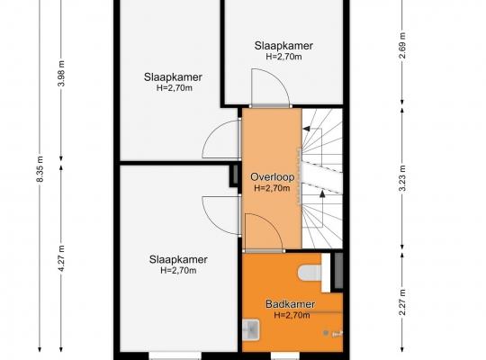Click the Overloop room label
click(x=272, y=177)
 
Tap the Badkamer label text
click(x=290, y=304)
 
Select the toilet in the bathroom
click(x=310, y=273)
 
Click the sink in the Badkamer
click(x=251, y=330)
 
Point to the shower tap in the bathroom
click(x=337, y=333)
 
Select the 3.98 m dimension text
click(x=61, y=74)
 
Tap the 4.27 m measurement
click(x=61, y=258)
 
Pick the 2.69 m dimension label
click(x=402, y=45)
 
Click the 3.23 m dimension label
click(x=402, y=178)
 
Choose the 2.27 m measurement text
click(x=402, y=302)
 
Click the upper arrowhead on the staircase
click(x=306, y=129)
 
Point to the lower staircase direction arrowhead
click(x=322, y=194)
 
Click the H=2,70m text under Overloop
click(x=272, y=188)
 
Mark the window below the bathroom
click(x=285, y=355)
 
